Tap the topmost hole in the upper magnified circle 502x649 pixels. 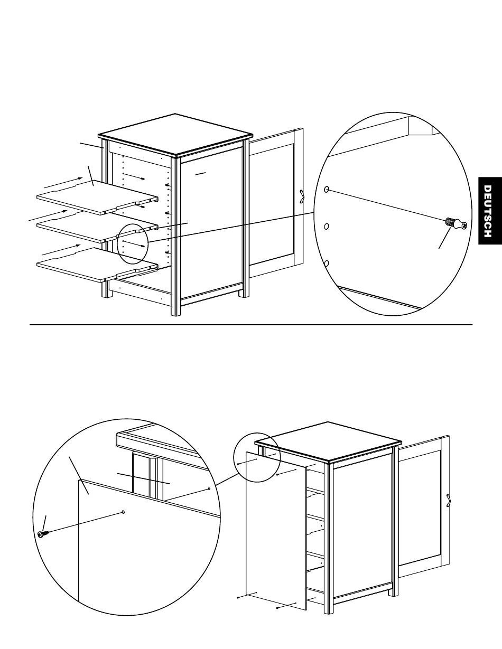(x=327, y=189)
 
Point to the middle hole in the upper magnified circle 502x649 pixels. (x=327, y=227)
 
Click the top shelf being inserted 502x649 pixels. (x=95, y=197)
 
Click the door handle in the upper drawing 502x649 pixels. (x=302, y=196)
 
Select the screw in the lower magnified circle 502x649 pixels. (x=42, y=534)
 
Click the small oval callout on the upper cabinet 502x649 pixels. (x=130, y=243)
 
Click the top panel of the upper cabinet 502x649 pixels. (x=175, y=134)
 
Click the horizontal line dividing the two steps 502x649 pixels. (x=250, y=325)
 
